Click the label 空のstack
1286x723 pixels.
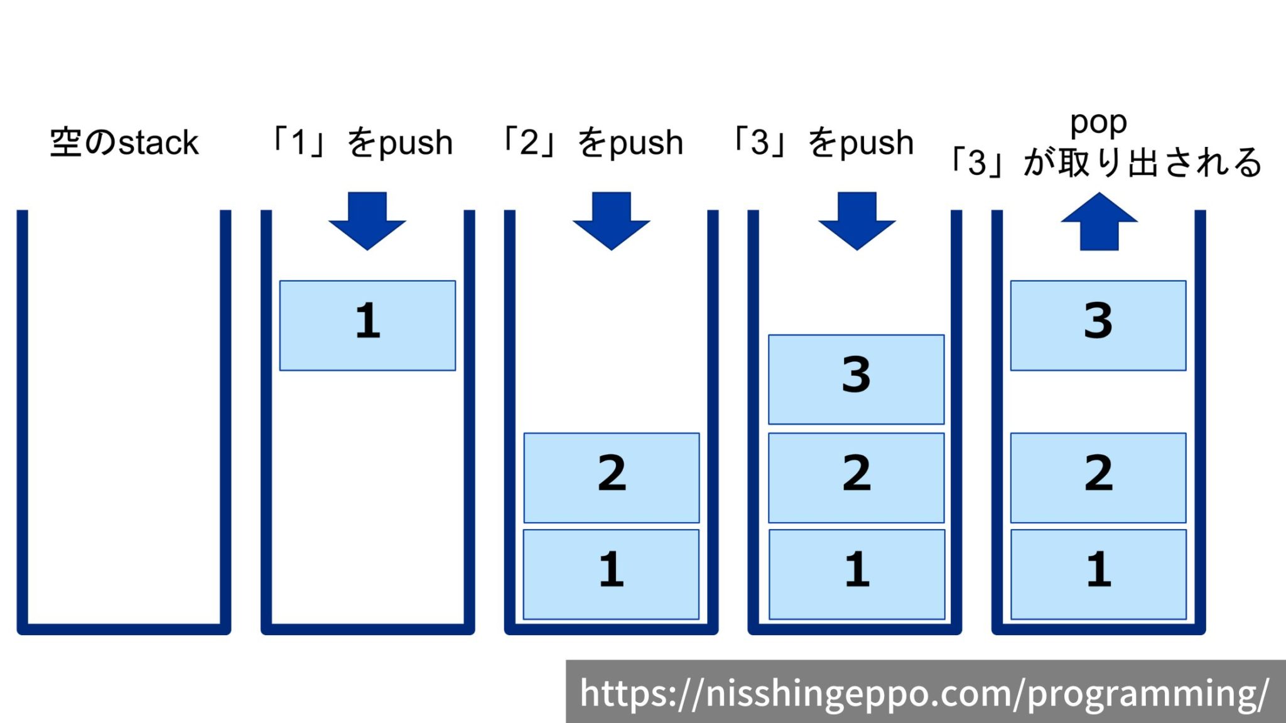pyautogui.click(x=124, y=142)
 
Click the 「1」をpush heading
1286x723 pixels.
pyautogui.click(x=361, y=142)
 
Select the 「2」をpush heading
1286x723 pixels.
pyautogui.click(x=592, y=142)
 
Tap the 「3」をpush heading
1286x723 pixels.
pyautogui.click(x=823, y=142)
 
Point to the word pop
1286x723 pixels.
pyautogui.click(x=1098, y=122)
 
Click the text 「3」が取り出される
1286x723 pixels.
pyautogui.click(x=1105, y=163)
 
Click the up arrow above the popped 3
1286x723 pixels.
pyautogui.click(x=1099, y=223)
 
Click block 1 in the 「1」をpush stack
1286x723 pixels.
pyautogui.click(x=367, y=325)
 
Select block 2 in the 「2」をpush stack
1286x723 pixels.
pyautogui.click(x=612, y=477)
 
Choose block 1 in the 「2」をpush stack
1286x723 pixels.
pyautogui.click(x=611, y=574)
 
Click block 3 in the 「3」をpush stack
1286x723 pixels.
pyautogui.click(x=856, y=379)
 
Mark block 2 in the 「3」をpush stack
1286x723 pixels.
pyautogui.click(x=856, y=477)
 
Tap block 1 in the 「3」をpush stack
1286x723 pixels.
pyautogui.click(x=856, y=574)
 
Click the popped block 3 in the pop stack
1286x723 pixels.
pyautogui.click(x=1098, y=325)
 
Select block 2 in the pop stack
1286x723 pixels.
pyautogui.click(x=1098, y=477)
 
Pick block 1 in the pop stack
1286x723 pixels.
pyautogui.click(x=1098, y=574)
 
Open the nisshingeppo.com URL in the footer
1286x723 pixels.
pyautogui.click(x=924, y=693)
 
